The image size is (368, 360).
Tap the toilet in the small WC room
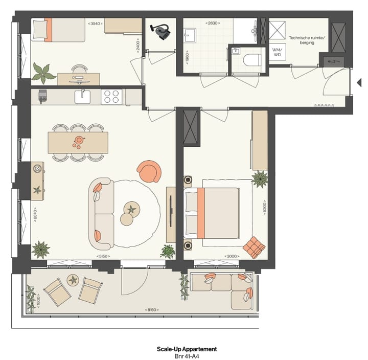[x=249, y=60]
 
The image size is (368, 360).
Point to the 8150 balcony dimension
[x=151, y=310]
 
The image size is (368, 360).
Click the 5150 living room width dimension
[x=104, y=256]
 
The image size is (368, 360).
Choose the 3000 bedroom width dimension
[x=233, y=256]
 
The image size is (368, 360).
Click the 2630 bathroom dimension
[x=213, y=24]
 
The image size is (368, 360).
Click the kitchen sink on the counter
[x=82, y=97]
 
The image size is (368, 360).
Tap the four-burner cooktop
[x=112, y=97]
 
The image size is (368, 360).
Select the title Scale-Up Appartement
[x=187, y=349]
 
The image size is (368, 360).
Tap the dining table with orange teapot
[x=78, y=142]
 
